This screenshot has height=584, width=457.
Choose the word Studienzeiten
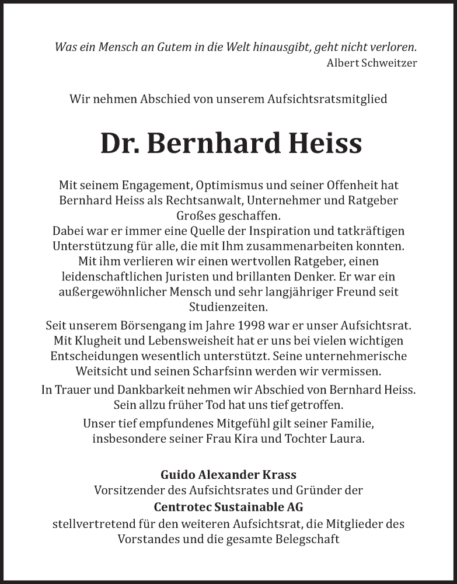pyautogui.click(x=228, y=307)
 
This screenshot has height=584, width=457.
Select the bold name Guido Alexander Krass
pyautogui.click(x=228, y=475)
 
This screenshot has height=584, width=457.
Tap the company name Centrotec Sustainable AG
pyautogui.click(x=228, y=507)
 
